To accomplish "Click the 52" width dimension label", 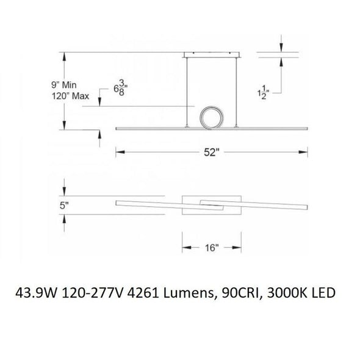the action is point(210,152).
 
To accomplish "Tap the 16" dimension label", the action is point(211,248).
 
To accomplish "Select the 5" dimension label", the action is point(64,205).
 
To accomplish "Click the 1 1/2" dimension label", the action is point(263,93).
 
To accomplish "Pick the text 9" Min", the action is point(63,85).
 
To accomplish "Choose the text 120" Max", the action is point(70,96).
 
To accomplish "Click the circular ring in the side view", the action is point(211,117).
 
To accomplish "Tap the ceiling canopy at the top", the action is point(212,55).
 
